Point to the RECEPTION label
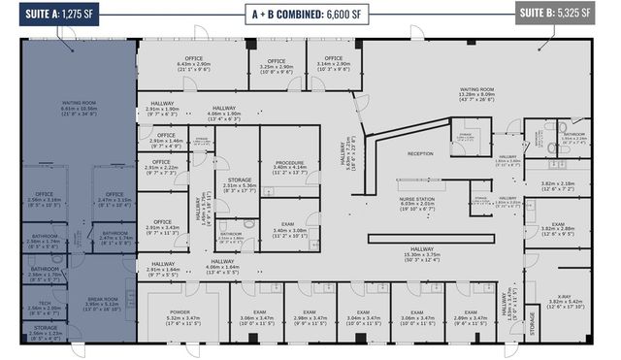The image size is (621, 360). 419,154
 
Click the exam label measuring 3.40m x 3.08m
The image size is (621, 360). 289,229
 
